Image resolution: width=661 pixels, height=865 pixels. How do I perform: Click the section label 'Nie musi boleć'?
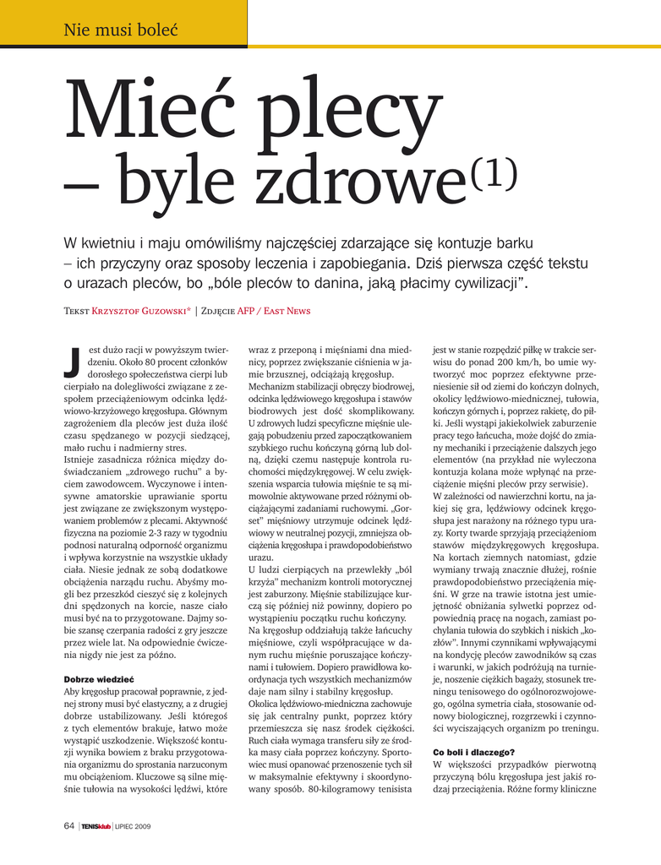click(x=120, y=31)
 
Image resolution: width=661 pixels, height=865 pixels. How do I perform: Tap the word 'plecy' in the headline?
click(x=352, y=121)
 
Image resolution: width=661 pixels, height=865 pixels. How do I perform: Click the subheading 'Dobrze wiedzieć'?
click(x=99, y=679)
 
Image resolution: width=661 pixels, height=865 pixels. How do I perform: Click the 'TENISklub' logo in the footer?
click(x=97, y=826)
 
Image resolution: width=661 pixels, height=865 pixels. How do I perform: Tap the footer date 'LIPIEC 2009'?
click(x=134, y=826)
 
